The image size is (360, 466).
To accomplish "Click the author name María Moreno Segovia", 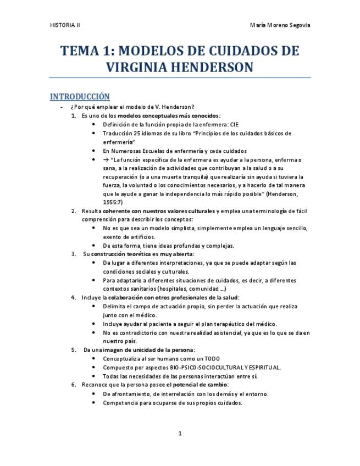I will [x=280, y=25].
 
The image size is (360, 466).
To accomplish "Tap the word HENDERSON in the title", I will [x=214, y=68].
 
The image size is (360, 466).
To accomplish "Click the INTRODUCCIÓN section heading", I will [x=80, y=96].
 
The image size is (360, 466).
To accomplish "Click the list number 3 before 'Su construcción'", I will [x=74, y=254].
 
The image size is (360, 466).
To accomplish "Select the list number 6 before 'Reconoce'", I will [x=74, y=385].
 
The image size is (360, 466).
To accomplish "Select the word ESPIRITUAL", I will [x=262, y=367].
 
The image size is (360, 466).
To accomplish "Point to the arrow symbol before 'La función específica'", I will [x=106, y=159].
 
